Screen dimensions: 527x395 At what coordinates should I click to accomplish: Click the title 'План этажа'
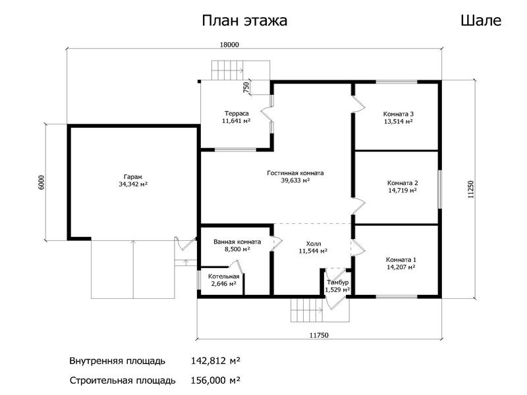(244, 21)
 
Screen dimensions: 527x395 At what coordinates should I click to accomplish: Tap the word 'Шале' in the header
(481, 20)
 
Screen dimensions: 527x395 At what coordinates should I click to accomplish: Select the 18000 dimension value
(229, 45)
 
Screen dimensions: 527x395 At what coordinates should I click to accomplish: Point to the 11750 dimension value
(319, 335)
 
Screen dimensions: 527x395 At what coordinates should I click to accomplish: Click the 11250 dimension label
(471, 190)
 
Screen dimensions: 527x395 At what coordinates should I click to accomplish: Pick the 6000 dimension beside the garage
(41, 182)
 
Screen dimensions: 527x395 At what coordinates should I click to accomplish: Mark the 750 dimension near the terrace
(246, 88)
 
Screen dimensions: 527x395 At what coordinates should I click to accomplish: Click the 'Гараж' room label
(133, 177)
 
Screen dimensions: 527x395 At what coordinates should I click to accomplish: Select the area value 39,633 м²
(295, 180)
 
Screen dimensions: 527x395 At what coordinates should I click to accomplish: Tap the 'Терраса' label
(236, 113)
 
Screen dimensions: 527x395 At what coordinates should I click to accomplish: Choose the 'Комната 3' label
(399, 114)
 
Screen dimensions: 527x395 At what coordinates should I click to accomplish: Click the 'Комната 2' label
(402, 183)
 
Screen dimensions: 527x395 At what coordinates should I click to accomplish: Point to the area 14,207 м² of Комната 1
(401, 267)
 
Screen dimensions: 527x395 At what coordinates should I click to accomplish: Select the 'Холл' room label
(314, 244)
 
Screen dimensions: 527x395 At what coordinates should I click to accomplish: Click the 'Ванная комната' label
(237, 242)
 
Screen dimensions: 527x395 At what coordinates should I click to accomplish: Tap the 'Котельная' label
(223, 276)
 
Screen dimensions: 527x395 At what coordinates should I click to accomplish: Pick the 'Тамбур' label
(337, 282)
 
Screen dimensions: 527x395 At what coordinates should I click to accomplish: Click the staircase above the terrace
(240, 70)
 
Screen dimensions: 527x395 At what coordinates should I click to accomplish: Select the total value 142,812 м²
(215, 361)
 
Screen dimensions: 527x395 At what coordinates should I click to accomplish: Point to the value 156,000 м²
(215, 381)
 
